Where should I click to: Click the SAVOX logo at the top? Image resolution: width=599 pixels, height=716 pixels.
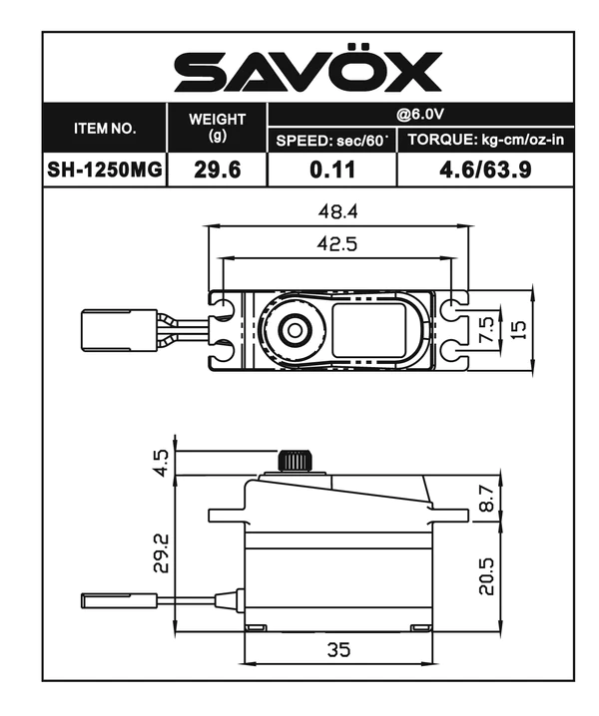(x=307, y=72)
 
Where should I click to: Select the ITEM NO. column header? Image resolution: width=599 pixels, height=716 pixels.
(x=105, y=129)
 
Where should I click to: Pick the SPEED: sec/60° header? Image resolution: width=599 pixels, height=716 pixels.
(x=331, y=140)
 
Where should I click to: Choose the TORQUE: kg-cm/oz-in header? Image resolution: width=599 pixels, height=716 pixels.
(x=486, y=140)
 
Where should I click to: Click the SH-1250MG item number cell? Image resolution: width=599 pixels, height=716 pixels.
(x=105, y=169)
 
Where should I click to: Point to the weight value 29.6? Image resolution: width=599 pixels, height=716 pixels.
(x=218, y=169)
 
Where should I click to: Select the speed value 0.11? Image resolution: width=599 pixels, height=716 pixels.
(x=331, y=169)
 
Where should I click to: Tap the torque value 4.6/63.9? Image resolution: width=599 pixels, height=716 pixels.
(x=486, y=169)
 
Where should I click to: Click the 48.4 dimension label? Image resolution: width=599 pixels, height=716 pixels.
(x=337, y=212)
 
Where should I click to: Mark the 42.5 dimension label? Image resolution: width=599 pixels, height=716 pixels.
(x=337, y=243)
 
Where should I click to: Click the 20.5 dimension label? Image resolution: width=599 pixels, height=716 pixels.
(x=486, y=575)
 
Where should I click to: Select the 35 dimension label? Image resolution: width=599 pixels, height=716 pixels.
(x=339, y=650)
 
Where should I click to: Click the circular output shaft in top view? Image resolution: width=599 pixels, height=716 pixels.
(x=294, y=329)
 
